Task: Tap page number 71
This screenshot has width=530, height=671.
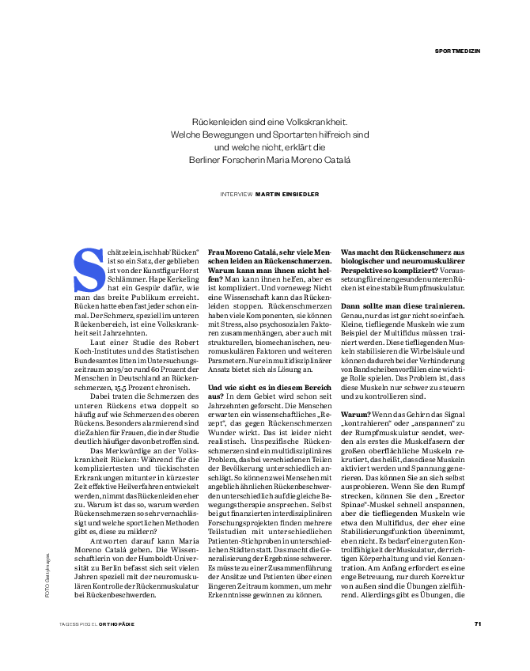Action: tap(478, 624)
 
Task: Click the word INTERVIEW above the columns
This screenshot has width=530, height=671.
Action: tap(237, 192)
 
